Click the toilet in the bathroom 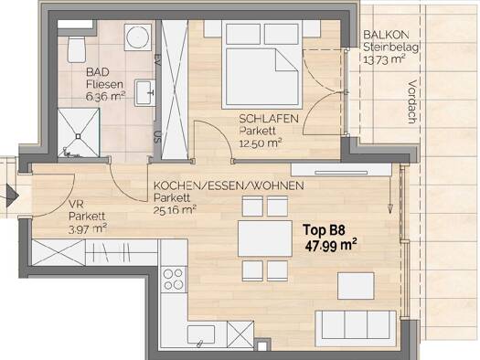click(76, 49)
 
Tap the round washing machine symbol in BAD click(138, 37)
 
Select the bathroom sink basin click(144, 93)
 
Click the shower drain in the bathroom click(79, 136)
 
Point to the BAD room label click(98, 72)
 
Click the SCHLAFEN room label click(269, 119)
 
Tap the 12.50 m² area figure click(261, 143)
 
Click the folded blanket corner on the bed click(286, 60)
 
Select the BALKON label click(386, 35)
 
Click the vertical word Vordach click(412, 101)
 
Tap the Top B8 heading click(325, 230)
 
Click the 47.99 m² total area click(331, 246)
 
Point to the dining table click(265, 238)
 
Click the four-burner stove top click(174, 280)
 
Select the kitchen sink click(201, 335)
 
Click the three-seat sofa click(356, 328)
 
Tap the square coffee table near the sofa click(356, 286)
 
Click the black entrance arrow click(12, 196)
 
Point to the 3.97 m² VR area click(88, 228)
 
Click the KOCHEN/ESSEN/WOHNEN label click(229, 185)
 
